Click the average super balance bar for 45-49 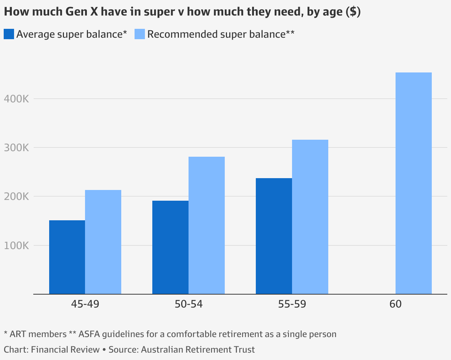[x=67, y=257]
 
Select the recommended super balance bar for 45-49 [x=103, y=242]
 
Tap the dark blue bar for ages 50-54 [x=170, y=247]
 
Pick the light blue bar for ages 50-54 [x=207, y=225]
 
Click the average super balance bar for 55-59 [x=274, y=236]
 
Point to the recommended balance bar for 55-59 [x=310, y=217]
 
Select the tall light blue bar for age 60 [x=413, y=183]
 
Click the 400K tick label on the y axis [x=16, y=99]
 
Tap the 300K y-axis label [x=16, y=148]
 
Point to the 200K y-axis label [x=16, y=197]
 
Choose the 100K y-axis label [x=16, y=245]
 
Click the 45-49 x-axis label [x=85, y=304]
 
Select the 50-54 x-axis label [x=189, y=304]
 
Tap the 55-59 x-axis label [x=292, y=304]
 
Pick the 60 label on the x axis [x=395, y=304]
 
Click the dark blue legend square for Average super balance [x=9, y=34]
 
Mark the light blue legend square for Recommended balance [x=139, y=34]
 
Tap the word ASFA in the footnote [x=89, y=334]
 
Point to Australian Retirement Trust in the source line [x=198, y=349]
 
